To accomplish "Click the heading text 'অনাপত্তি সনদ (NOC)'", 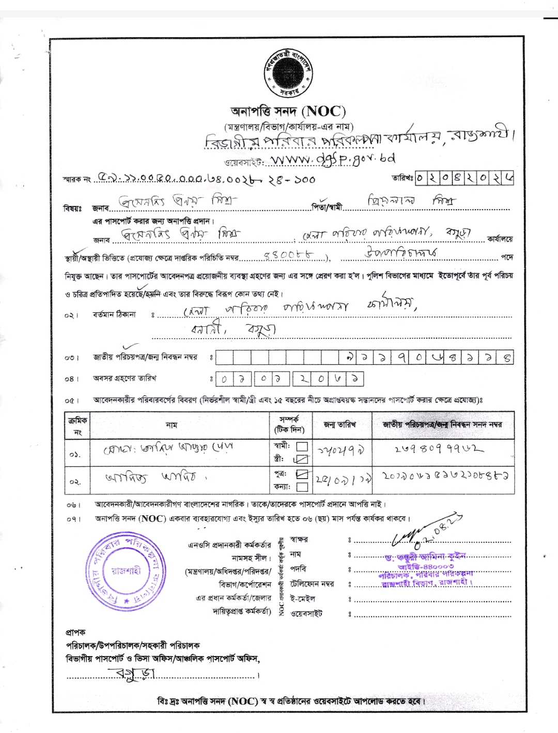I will click(x=288, y=111).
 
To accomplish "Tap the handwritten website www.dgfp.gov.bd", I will click(x=333, y=158).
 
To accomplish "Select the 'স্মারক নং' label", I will click(x=76, y=179).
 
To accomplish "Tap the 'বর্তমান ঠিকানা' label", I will click(x=115, y=314).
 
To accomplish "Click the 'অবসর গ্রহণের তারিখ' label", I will click(x=125, y=378).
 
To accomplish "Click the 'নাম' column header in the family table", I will click(x=172, y=425).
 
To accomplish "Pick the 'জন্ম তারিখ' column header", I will click(x=339, y=424).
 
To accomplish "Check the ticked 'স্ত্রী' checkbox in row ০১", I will click(x=302, y=459).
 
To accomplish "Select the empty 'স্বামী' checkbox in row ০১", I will click(x=302, y=446).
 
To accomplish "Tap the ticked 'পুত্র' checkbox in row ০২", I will click(x=302, y=473).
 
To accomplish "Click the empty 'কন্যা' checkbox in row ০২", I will click(x=302, y=486).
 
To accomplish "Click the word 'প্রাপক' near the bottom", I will click(x=75, y=632).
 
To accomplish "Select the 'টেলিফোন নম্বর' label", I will click(x=312, y=584).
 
